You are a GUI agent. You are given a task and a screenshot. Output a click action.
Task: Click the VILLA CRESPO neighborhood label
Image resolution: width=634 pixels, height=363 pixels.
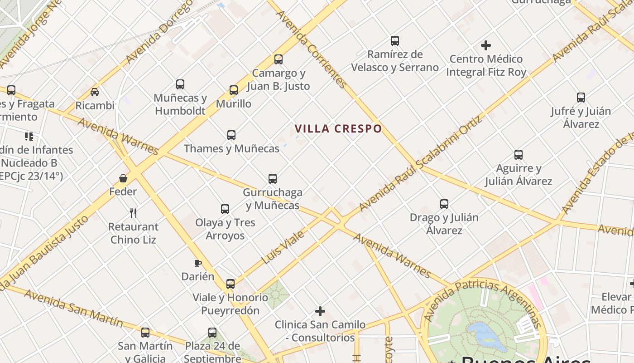pos(338,129)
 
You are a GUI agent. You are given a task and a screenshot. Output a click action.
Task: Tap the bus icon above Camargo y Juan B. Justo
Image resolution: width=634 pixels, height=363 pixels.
pos(279,59)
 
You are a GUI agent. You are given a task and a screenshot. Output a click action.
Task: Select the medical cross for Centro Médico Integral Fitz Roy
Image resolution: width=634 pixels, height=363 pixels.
pos(486,45)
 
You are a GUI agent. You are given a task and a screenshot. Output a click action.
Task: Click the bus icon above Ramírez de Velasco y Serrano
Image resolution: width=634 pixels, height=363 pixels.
pos(395,41)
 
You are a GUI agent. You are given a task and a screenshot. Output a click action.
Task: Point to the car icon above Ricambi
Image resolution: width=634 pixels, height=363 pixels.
pos(95,92)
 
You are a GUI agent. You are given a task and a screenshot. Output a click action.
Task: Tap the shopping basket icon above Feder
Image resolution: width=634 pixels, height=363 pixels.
pos(123,178)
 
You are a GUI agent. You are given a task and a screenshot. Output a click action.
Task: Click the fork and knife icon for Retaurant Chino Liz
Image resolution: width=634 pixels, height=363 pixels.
pos(133,213)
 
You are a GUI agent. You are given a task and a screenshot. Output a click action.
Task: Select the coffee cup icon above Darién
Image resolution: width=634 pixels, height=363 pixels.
pos(197,263)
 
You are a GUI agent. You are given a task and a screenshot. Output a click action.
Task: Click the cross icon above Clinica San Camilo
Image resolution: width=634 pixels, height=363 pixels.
pos(320,311)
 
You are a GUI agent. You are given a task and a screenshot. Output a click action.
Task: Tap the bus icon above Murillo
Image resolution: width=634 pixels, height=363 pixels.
pos(234,90)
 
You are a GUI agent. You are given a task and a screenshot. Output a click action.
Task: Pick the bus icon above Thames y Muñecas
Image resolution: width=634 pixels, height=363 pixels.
pos(231,135)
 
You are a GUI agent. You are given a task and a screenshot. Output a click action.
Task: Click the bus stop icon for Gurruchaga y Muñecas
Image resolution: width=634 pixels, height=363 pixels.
pos(273,178)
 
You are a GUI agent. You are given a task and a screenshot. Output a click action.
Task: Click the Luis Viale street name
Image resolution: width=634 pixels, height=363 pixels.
pos(283,247)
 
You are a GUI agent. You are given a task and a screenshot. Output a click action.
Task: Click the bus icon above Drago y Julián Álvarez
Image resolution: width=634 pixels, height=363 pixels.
pos(444,204)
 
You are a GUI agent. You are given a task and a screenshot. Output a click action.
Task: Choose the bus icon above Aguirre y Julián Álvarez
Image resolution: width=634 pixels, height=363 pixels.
pos(519,154)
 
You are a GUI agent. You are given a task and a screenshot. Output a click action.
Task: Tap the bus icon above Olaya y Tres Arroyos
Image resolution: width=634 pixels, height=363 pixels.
pos(225,209)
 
